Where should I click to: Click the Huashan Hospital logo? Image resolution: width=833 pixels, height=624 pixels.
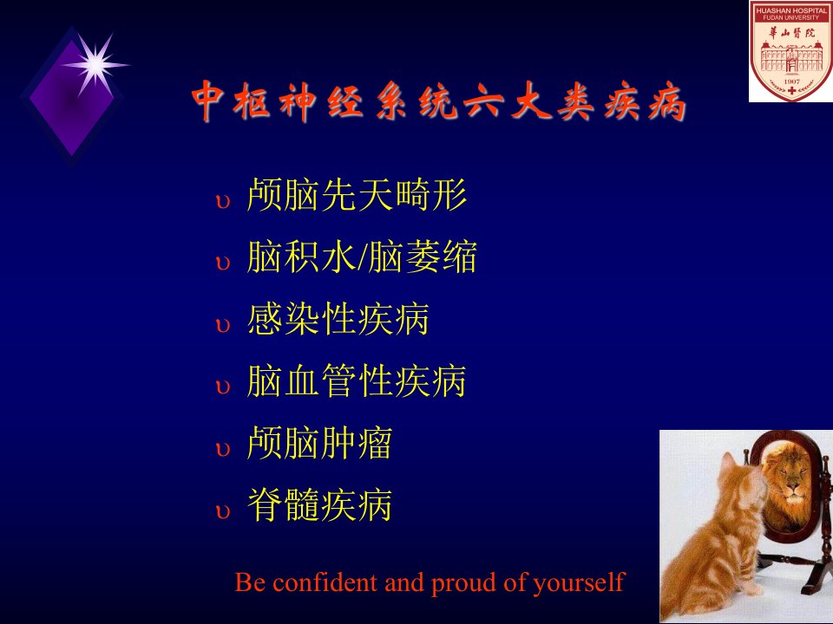(x=791, y=51)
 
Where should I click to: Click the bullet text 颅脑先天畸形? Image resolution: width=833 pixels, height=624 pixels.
(x=357, y=195)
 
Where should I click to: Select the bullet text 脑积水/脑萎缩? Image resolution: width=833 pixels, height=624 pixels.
(x=362, y=257)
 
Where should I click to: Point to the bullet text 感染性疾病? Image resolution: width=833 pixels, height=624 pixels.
(x=338, y=319)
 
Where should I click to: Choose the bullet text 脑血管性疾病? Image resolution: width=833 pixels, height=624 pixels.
(x=357, y=380)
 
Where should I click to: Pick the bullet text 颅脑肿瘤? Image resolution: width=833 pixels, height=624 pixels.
(x=320, y=443)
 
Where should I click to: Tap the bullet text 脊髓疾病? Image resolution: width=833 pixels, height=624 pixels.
(x=320, y=504)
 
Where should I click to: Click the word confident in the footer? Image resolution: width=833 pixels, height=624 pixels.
(x=325, y=582)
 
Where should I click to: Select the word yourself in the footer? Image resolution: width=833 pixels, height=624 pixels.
(x=579, y=583)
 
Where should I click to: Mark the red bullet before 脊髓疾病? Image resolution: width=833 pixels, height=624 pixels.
(x=223, y=511)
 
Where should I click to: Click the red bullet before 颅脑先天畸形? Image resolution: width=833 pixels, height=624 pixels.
(x=223, y=202)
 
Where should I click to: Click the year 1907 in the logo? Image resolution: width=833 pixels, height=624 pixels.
(x=791, y=81)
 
